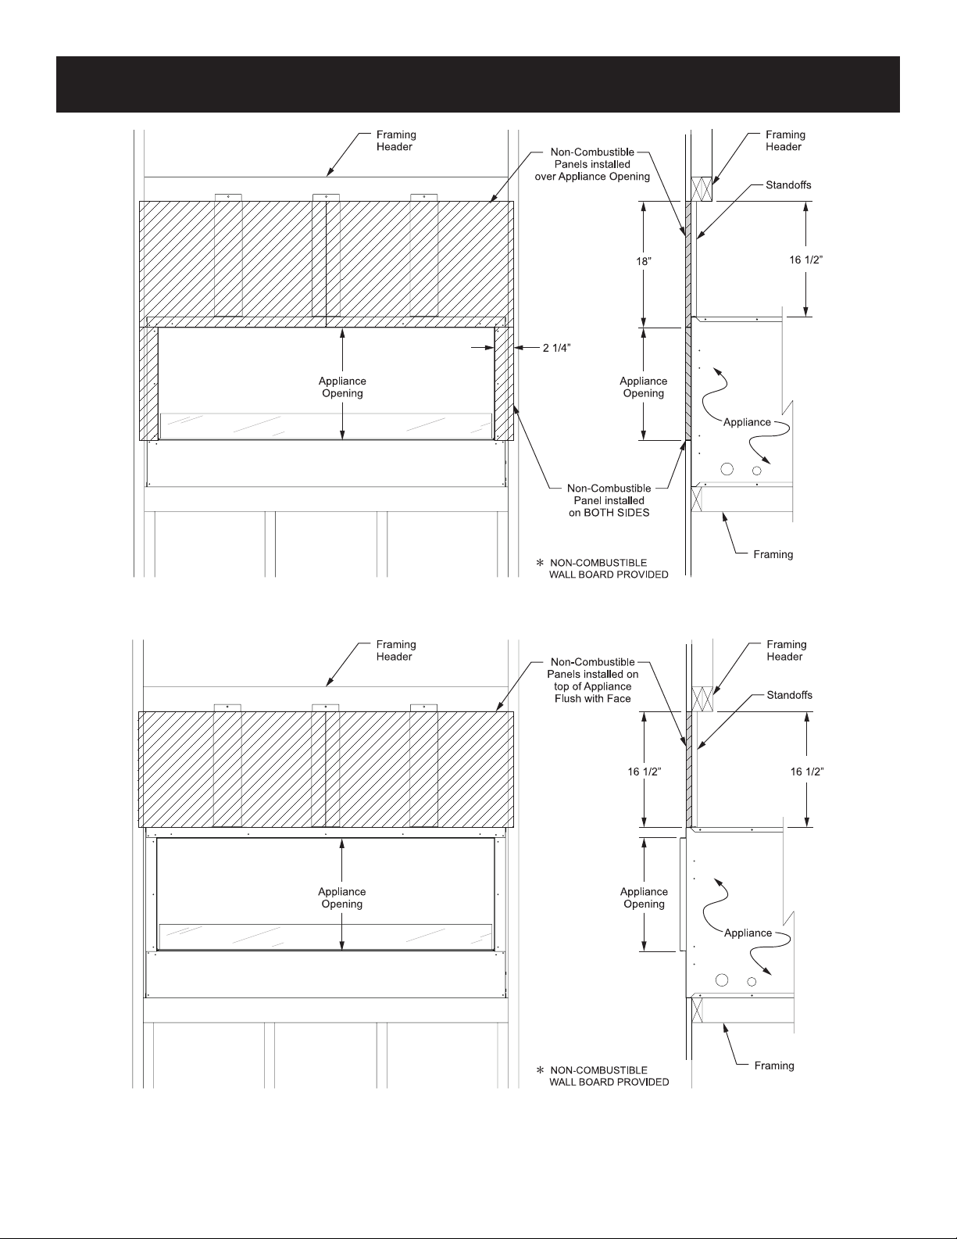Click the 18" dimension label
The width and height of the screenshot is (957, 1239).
pyautogui.click(x=644, y=261)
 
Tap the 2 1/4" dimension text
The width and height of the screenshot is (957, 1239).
pyautogui.click(x=556, y=348)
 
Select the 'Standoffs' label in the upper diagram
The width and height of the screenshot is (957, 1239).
pyautogui.click(x=788, y=184)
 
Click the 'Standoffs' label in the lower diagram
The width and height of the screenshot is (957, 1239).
pyautogui.click(x=790, y=695)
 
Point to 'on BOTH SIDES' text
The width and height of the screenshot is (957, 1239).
pyautogui.click(x=609, y=513)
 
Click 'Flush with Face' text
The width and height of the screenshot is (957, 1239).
pyautogui.click(x=593, y=699)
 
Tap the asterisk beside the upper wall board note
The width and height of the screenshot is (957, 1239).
pyautogui.click(x=540, y=563)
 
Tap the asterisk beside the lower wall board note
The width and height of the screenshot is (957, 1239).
pyautogui.click(x=540, y=1070)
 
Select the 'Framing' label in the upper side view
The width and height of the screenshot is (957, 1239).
pyautogui.click(x=773, y=554)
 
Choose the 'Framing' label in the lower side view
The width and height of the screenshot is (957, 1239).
pyautogui.click(x=774, y=1065)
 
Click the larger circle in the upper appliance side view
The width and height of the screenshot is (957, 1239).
pyautogui.click(x=727, y=469)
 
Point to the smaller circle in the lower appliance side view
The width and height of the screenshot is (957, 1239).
pyautogui.click(x=752, y=982)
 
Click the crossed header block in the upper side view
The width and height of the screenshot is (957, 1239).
pyautogui.click(x=702, y=189)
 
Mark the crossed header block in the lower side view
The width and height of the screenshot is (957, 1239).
pyautogui.click(x=702, y=699)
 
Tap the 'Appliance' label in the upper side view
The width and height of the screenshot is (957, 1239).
pyautogui.click(x=747, y=422)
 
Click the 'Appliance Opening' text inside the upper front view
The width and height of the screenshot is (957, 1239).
pyautogui.click(x=342, y=387)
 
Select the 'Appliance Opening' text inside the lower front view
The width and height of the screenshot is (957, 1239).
pyautogui.click(x=342, y=897)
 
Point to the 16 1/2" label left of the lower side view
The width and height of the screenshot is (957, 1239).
pyautogui.click(x=645, y=772)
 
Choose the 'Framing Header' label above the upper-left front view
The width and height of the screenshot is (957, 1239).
pyautogui.click(x=396, y=141)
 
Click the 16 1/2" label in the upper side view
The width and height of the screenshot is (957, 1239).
pyautogui.click(x=806, y=260)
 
